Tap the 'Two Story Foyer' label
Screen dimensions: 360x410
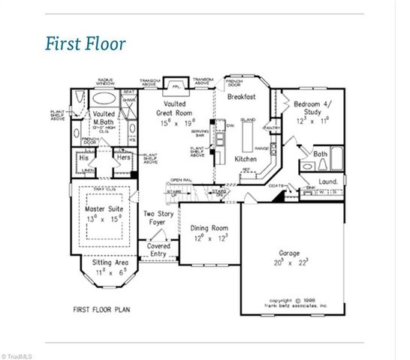158,218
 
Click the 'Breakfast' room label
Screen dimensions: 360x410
241,97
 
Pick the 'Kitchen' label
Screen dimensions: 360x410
246,160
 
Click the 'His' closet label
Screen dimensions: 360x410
85,158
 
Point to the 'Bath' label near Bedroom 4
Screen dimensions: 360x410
320,154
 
